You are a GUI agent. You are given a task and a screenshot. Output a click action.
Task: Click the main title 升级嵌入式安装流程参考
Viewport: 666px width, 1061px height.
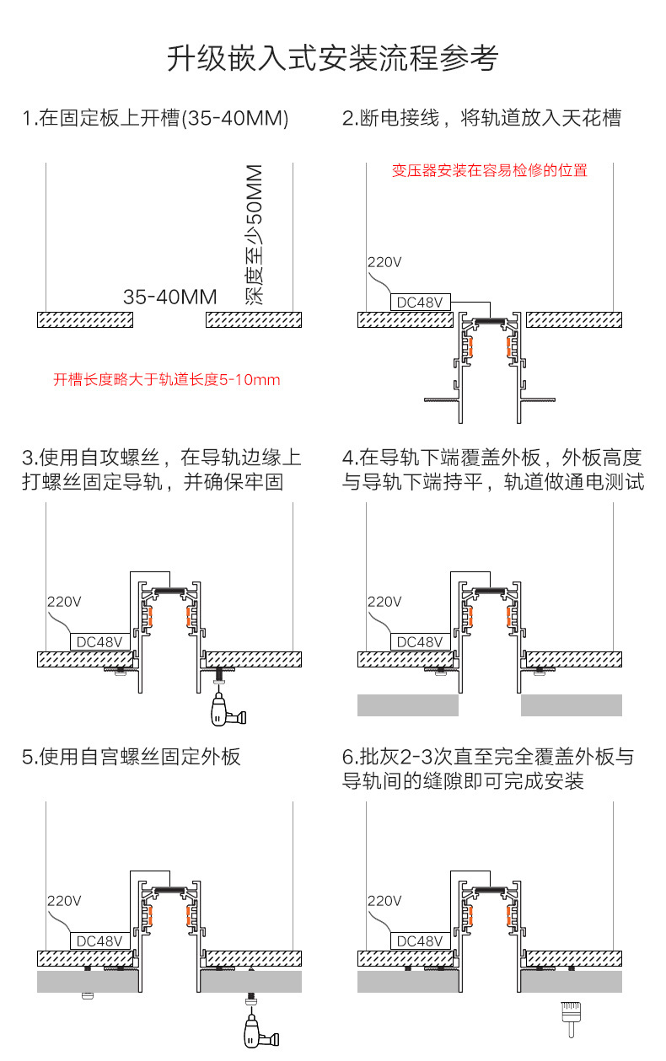[332, 59]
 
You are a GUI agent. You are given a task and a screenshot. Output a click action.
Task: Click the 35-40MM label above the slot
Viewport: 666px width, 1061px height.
[169, 297]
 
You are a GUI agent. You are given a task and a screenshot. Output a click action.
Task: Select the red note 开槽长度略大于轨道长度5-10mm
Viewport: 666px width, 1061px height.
[167, 380]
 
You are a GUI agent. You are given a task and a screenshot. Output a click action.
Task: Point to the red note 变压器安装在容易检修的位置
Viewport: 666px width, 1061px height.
[489, 171]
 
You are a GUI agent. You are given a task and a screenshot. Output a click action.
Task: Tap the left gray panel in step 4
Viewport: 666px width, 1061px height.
[407, 705]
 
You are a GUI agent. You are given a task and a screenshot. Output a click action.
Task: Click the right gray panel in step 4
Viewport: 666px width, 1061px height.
[571, 705]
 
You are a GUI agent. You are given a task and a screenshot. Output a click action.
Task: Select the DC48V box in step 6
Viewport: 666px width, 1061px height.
[420, 940]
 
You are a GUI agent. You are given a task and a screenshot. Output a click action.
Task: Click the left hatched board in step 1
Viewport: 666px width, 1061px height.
[85, 319]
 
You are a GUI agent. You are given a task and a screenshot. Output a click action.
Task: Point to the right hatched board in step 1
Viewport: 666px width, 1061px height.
[254, 319]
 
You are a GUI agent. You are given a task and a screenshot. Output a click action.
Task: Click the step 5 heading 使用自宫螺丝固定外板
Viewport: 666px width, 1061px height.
[132, 757]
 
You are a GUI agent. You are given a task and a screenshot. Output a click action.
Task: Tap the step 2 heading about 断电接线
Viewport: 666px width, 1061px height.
[481, 118]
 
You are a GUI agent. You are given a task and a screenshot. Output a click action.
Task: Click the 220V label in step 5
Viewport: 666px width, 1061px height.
[64, 901]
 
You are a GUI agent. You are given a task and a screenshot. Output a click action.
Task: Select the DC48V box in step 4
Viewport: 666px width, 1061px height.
[420, 642]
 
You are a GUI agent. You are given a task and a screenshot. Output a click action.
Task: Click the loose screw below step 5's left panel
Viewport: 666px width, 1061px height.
[86, 997]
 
